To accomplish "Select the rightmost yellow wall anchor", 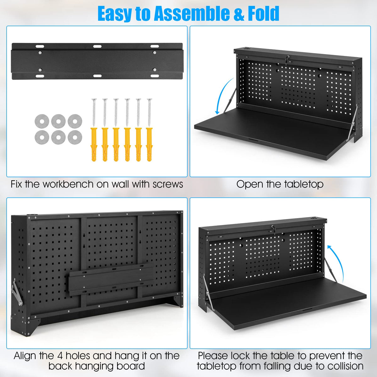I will [149, 145].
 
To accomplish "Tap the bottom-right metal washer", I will [75, 136].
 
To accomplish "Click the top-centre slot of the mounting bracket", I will [97, 46].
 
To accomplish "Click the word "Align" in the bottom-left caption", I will [25, 356].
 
